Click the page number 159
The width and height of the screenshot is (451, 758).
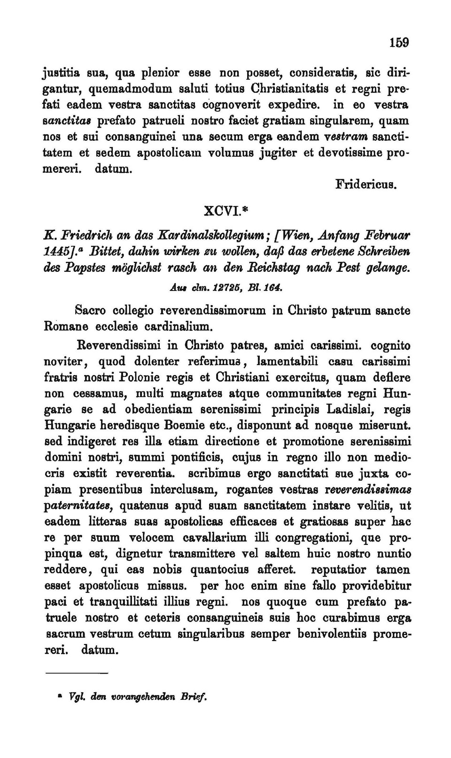(399, 43)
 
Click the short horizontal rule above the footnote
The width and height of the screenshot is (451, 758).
(77, 674)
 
